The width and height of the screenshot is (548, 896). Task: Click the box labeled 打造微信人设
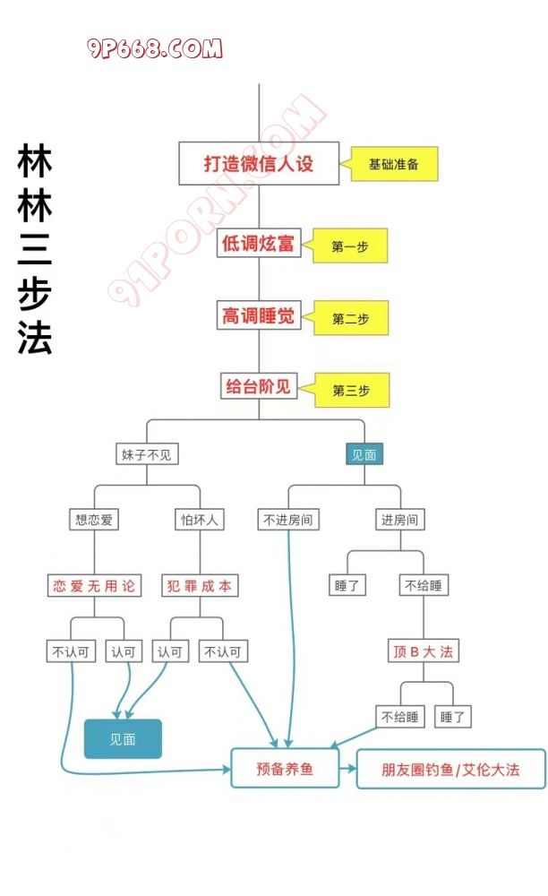(x=259, y=164)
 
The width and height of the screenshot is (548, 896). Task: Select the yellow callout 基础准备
(x=394, y=165)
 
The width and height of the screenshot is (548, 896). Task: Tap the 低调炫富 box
(x=259, y=243)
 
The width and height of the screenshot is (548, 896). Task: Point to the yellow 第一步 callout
(x=350, y=246)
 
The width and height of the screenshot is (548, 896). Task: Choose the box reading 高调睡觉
(x=259, y=315)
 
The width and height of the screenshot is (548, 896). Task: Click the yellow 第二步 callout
(x=350, y=319)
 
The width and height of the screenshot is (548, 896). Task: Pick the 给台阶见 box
(x=259, y=387)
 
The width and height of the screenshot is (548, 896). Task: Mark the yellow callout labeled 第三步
(x=350, y=391)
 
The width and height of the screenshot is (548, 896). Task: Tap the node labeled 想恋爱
(x=94, y=519)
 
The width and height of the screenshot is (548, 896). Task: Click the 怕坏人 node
(x=199, y=519)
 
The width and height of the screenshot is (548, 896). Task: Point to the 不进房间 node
(x=287, y=519)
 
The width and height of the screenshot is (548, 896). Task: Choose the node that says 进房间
(x=399, y=519)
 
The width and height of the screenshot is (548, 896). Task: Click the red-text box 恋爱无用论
(x=94, y=586)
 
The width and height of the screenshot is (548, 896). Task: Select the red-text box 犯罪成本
(x=199, y=586)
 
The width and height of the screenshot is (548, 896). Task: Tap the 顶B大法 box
(x=423, y=651)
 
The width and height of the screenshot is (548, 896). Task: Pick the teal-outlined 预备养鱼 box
(x=285, y=769)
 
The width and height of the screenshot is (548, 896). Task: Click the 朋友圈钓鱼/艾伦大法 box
(x=450, y=769)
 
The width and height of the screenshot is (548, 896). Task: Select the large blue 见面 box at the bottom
(x=123, y=739)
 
